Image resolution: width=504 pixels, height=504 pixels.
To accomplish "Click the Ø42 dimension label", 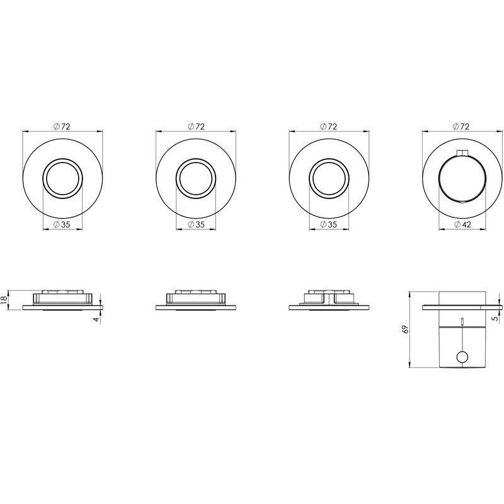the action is [x=462, y=225].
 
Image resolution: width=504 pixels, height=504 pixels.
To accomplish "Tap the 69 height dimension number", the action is [x=406, y=329].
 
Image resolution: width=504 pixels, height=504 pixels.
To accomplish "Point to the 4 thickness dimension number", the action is [x=96, y=319].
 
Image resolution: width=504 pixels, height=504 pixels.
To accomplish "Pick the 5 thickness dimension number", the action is [x=495, y=319].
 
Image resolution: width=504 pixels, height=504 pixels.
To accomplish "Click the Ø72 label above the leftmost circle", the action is [x=62, y=127].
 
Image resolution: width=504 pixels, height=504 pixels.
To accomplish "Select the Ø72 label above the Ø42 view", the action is [x=461, y=127].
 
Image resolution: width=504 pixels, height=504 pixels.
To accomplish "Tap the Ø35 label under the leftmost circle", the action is [x=62, y=225].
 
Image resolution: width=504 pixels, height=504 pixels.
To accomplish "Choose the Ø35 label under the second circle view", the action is [x=196, y=225].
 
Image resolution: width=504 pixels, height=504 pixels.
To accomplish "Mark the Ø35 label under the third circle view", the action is [x=328, y=225].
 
